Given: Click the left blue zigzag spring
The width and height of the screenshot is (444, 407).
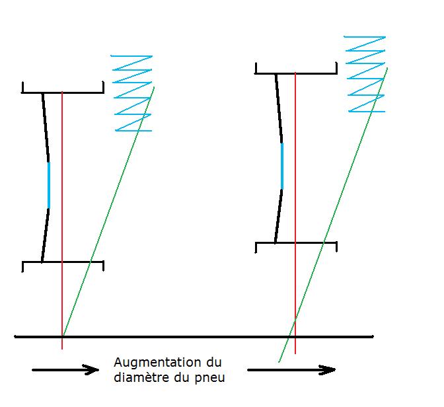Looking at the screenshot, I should click(x=133, y=93).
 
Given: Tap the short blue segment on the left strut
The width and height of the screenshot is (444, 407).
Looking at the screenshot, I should click(x=49, y=185).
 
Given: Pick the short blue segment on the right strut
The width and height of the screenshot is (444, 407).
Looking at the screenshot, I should click(x=282, y=166).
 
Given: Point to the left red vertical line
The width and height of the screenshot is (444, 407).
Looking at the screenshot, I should click(x=62, y=198).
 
